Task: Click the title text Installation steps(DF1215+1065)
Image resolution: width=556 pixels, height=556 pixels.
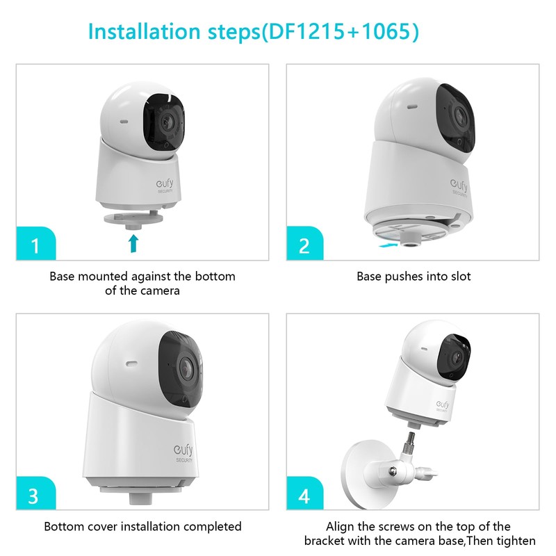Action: [254, 32]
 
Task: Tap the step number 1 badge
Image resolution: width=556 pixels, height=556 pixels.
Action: [35, 245]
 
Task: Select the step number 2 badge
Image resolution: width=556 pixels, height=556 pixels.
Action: [304, 245]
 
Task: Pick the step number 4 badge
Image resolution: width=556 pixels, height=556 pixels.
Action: [304, 496]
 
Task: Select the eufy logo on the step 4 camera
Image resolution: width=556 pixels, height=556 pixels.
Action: [443, 404]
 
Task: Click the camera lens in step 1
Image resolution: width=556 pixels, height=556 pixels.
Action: [165, 123]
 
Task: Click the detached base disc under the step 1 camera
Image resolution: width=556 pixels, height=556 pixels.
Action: [134, 218]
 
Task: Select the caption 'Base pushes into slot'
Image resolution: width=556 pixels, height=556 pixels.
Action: [414, 277]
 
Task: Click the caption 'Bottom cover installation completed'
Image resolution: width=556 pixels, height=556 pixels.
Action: [142, 527]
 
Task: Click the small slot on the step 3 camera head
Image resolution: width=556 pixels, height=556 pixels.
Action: [129, 362]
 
